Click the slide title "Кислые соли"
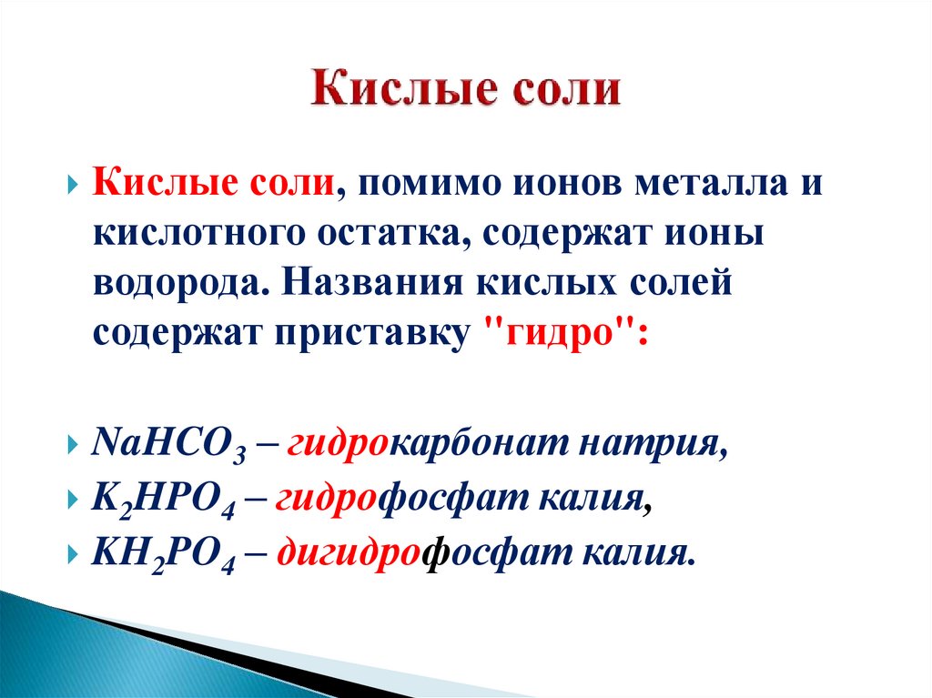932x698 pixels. point(466,92)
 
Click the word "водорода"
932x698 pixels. point(172,283)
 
